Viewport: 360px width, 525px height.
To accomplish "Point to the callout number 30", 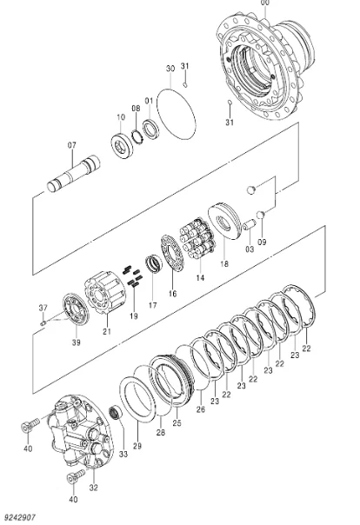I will click(170, 68).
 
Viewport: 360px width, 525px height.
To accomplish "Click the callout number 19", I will click(133, 316).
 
